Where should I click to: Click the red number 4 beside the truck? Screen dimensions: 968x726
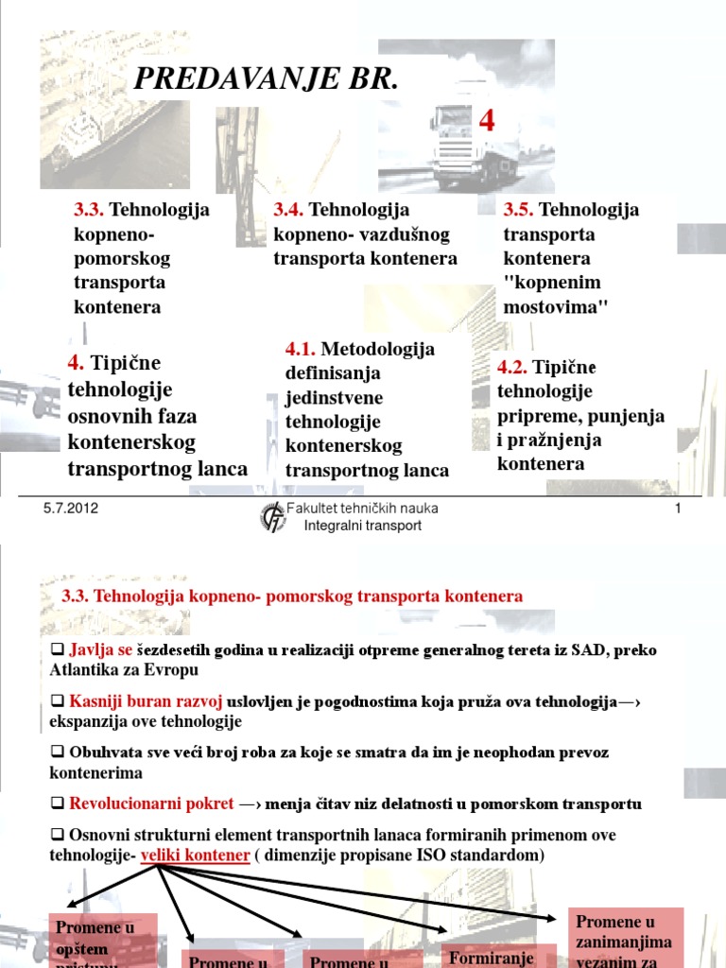(x=487, y=120)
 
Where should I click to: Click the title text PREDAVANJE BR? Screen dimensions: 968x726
(x=266, y=80)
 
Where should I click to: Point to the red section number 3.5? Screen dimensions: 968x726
(x=517, y=210)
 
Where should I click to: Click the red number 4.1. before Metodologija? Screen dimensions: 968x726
(x=302, y=349)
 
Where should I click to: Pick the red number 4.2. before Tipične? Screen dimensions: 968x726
(x=513, y=367)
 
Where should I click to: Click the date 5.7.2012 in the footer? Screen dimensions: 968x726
(x=71, y=509)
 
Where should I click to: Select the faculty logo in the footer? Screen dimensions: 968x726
(x=273, y=517)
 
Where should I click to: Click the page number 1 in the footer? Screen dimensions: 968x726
(x=678, y=509)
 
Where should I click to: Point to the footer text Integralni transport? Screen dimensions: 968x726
(x=363, y=526)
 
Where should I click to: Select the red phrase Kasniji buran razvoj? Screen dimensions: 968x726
(x=146, y=701)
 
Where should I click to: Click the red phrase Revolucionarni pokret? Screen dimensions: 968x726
(x=151, y=804)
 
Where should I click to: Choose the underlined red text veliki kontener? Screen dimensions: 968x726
(x=196, y=855)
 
